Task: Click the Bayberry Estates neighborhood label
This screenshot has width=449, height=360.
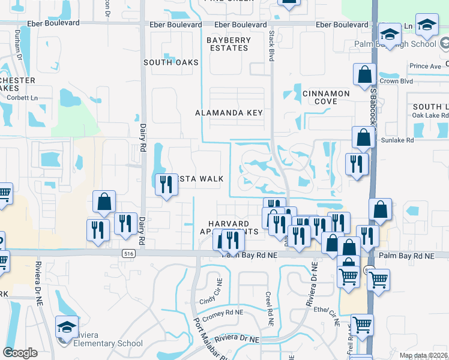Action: pyautogui.click(x=229, y=44)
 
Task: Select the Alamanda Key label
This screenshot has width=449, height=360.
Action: pyautogui.click(x=229, y=113)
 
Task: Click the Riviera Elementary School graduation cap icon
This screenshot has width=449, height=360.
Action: pyautogui.click(x=67, y=326)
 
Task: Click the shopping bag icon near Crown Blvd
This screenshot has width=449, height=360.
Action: pyautogui.click(x=364, y=75)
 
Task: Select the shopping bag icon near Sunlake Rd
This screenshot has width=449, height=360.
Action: pyautogui.click(x=363, y=137)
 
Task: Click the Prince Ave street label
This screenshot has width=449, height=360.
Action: pyautogui.click(x=425, y=66)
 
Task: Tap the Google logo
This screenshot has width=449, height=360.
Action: pyautogui.click(x=20, y=352)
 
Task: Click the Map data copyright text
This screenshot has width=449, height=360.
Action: pyautogui.click(x=423, y=355)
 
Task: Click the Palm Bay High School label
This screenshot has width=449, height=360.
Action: pyautogui.click(x=407, y=44)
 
